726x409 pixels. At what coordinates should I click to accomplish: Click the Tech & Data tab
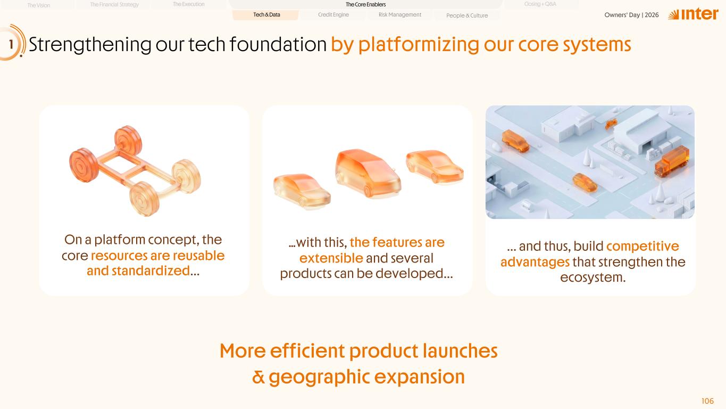click(266, 14)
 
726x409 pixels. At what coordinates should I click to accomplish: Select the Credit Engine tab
click(333, 14)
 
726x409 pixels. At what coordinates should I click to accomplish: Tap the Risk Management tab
click(400, 14)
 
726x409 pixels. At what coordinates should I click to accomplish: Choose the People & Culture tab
click(467, 15)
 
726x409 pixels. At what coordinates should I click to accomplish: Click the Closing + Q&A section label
click(540, 4)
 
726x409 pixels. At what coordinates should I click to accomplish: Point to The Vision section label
click(39, 5)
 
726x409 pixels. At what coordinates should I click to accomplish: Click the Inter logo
click(693, 14)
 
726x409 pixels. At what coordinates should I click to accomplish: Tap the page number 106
click(707, 401)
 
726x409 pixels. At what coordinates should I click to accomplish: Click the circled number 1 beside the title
click(11, 44)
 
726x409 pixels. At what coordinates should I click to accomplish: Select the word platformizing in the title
click(419, 45)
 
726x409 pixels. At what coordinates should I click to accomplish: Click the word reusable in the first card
click(198, 256)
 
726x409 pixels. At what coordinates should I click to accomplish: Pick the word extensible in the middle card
click(331, 258)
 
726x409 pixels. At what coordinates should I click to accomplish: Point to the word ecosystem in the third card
click(593, 277)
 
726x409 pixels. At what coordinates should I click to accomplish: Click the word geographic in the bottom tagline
click(319, 377)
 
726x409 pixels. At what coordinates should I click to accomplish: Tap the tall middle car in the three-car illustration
click(369, 173)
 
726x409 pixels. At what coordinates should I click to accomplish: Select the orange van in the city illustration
click(515, 141)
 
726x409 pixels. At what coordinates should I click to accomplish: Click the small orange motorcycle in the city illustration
click(611, 124)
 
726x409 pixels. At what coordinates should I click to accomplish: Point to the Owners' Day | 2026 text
click(631, 15)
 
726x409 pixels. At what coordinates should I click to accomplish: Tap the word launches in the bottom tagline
click(460, 351)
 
